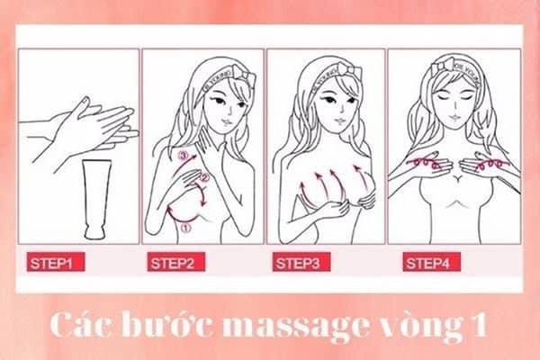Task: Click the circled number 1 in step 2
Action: [186, 228]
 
